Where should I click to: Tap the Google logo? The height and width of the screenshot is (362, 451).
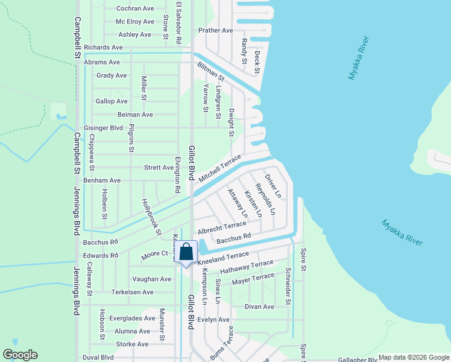(20, 355)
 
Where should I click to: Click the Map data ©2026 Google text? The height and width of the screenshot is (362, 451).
(414, 357)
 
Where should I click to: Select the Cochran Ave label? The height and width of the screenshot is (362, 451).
(135, 8)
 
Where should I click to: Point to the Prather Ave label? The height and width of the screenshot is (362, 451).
(216, 30)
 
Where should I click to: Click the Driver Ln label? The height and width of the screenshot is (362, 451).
(273, 186)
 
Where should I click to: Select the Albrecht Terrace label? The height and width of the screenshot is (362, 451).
(222, 227)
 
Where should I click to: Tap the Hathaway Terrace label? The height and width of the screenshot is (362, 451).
(246, 267)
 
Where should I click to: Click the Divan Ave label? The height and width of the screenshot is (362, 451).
(259, 306)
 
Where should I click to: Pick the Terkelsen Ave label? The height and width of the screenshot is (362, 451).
(133, 292)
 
